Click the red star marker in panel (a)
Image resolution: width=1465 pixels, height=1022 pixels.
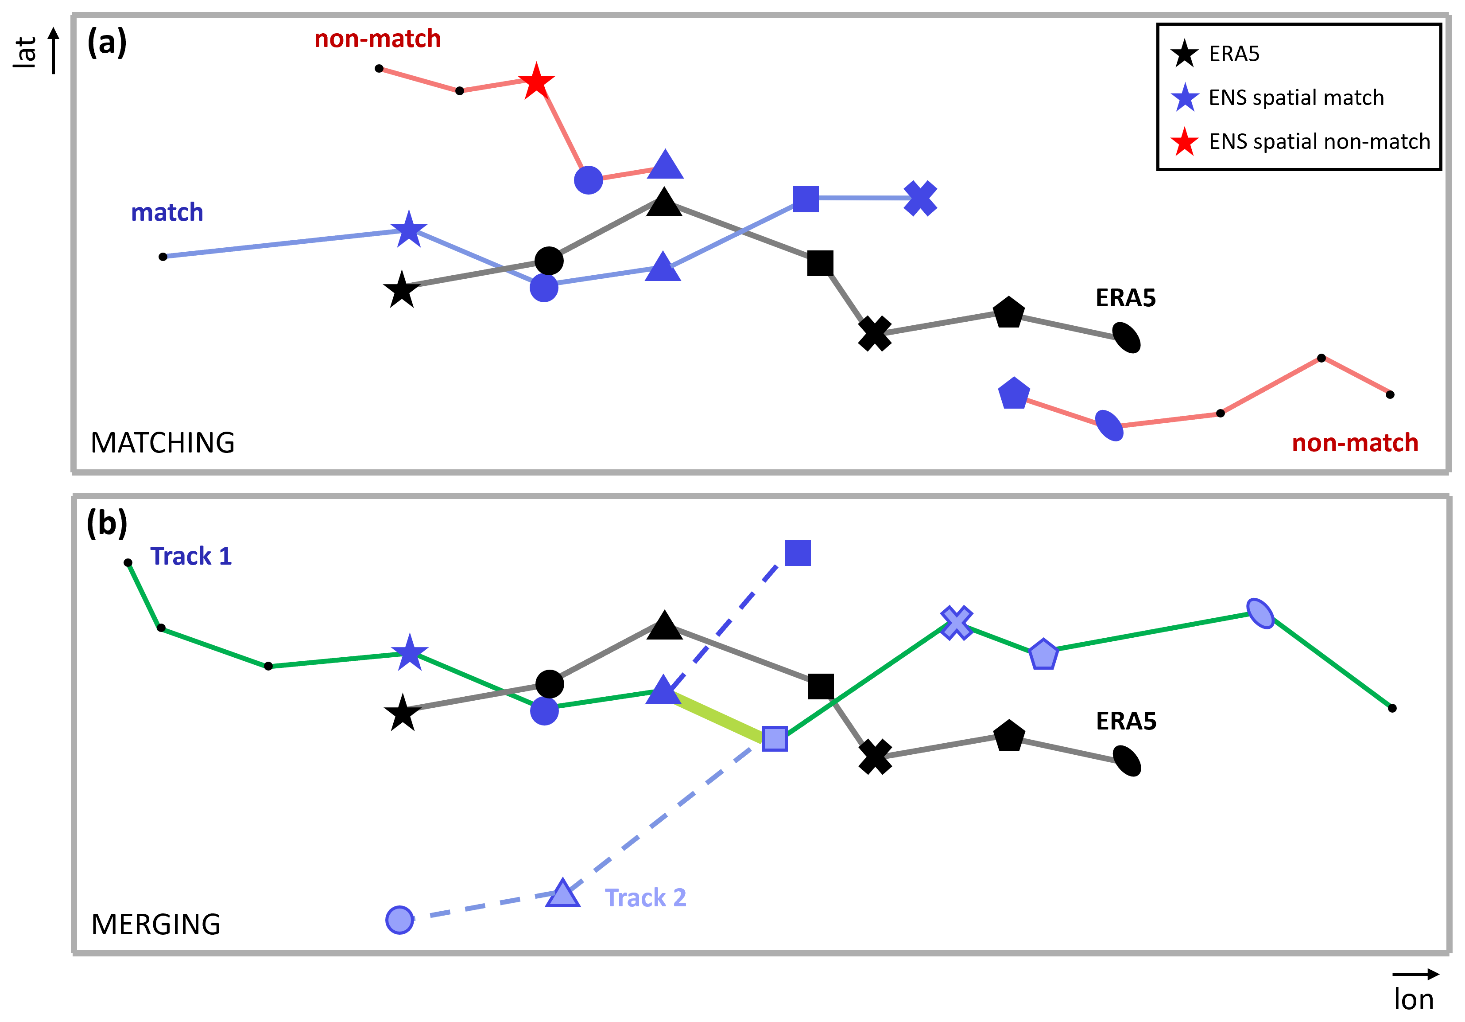536,82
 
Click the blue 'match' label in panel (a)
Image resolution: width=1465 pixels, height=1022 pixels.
167,213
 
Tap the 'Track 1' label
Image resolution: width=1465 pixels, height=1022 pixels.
191,556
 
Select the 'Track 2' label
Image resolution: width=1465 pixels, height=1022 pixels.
645,897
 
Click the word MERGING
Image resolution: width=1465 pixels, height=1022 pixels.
156,924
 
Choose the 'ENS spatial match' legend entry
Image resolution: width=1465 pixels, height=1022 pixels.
1296,98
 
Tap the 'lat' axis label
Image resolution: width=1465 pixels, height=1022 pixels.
26,52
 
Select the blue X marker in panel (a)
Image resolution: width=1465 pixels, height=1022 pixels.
920,199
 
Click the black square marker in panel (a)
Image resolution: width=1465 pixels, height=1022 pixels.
820,263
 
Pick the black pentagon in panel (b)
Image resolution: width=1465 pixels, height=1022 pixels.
1009,736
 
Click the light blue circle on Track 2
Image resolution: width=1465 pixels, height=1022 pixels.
400,920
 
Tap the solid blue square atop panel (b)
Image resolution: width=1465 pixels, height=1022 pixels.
798,553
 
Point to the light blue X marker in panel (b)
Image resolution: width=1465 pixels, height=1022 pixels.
957,622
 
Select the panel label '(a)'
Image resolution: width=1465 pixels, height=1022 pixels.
107,43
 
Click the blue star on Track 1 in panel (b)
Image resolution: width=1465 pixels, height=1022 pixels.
409,652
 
